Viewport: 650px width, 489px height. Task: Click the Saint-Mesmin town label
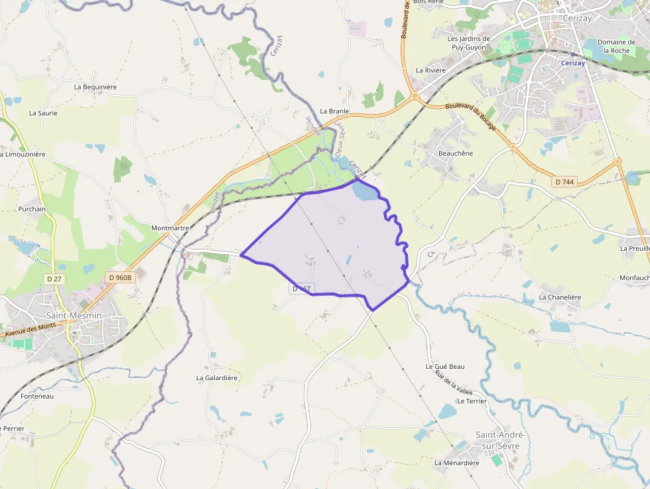tap(74, 316)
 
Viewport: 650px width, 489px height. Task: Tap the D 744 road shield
tap(564, 181)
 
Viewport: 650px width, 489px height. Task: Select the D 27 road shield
tap(54, 279)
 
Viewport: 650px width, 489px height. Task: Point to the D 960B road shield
tap(120, 278)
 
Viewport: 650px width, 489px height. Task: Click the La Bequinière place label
tap(96, 87)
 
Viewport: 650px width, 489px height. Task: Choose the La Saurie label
tap(43, 113)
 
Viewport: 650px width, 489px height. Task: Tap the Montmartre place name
tap(170, 228)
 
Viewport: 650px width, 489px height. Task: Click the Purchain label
tap(32, 209)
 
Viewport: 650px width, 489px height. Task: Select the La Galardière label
tap(217, 378)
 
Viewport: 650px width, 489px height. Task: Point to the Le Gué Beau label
tap(445, 366)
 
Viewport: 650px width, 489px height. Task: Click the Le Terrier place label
tap(472, 401)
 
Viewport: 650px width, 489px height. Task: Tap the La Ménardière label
tap(456, 462)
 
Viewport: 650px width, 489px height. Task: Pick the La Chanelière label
tap(560, 297)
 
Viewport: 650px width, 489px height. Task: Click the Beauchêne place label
tap(456, 153)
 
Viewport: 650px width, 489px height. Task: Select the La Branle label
tap(334, 111)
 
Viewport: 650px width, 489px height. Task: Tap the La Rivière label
tap(430, 70)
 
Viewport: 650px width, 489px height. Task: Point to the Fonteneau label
tap(37, 396)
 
